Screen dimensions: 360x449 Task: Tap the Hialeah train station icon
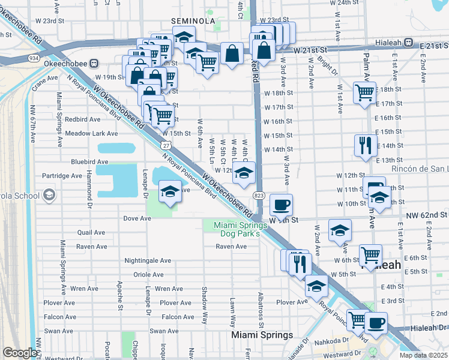click(x=409, y=43)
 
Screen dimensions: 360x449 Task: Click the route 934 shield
click(x=34, y=58)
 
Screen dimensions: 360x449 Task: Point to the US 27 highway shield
click(x=165, y=146)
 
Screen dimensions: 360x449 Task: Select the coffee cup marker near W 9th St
click(x=281, y=205)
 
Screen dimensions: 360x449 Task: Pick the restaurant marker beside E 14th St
click(x=366, y=145)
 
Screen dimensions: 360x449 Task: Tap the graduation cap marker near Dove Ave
click(x=170, y=191)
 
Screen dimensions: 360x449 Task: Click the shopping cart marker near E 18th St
click(x=364, y=92)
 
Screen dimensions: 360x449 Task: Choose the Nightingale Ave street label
click(x=148, y=260)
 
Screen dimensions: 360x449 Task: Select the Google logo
click(x=19, y=353)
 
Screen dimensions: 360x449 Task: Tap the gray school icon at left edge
click(x=48, y=196)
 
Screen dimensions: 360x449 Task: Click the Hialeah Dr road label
click(x=430, y=328)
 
